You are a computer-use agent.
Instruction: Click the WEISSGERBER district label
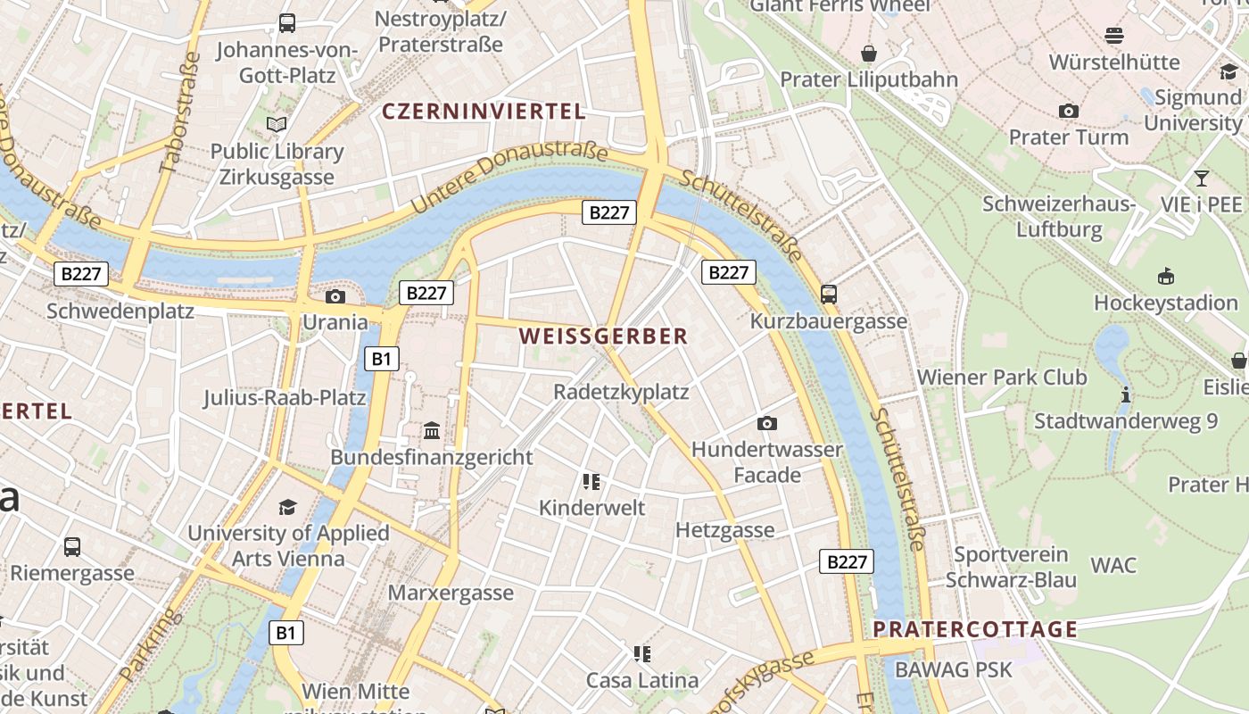pos(603,336)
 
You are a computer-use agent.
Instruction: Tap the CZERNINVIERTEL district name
pos(484,112)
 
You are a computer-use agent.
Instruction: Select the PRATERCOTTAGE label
pos(975,629)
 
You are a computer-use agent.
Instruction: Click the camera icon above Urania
pos(335,296)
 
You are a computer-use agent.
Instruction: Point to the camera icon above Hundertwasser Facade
pos(767,423)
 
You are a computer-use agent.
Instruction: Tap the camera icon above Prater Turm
pos(1068,112)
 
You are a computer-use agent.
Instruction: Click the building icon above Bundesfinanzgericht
pos(432,431)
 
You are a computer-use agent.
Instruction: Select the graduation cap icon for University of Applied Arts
pos(287,508)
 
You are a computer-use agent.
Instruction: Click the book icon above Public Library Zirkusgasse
pos(277,124)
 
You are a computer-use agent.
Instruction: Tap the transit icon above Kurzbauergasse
pos(829,294)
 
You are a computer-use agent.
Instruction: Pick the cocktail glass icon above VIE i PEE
pos(1202,178)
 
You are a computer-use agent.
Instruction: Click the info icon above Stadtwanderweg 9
pos(1126,394)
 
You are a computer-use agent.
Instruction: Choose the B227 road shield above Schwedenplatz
pos(82,274)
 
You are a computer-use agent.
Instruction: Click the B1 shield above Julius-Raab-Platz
pos(382,359)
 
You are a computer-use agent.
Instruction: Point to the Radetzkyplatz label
pos(621,392)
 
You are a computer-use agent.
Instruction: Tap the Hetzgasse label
pos(724,530)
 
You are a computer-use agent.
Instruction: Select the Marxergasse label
pos(451,593)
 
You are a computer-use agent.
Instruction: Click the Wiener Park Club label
pos(1002,377)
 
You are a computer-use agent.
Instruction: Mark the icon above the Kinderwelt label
pos(591,482)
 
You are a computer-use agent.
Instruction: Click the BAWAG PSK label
pos(954,669)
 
